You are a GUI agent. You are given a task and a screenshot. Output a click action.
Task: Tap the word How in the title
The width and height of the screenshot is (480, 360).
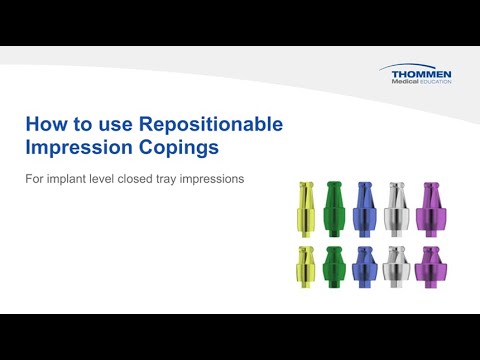pyautogui.click(x=47, y=125)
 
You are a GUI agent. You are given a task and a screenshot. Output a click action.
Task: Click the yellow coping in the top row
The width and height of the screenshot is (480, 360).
pyautogui.click(x=305, y=209)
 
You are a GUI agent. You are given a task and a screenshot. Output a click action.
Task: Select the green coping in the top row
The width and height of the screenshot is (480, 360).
pyautogui.click(x=334, y=209)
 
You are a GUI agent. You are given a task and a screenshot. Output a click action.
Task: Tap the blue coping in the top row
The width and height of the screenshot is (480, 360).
pyautogui.click(x=364, y=209)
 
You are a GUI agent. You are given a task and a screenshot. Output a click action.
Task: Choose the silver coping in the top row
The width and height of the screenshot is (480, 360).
pyautogui.click(x=397, y=209)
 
